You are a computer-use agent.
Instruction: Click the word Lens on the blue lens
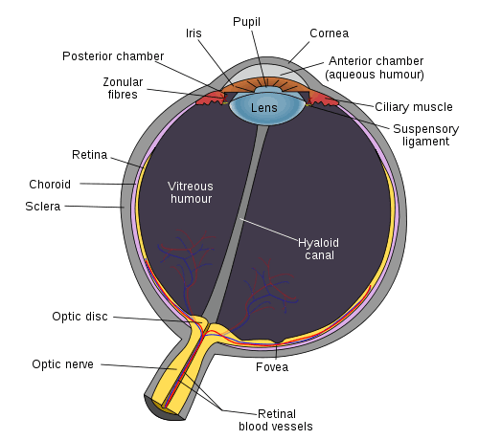pos(263,108)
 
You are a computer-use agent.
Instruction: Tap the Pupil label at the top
pos(246,22)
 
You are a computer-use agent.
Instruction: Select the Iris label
pos(194,33)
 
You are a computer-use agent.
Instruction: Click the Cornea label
pos(329,33)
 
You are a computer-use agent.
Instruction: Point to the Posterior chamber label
pos(113,56)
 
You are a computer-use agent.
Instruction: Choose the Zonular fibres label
pos(123,88)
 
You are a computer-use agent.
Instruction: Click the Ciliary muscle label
pos(414,107)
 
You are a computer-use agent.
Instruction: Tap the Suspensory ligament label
pos(425,135)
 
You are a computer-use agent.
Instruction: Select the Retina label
pos(89,155)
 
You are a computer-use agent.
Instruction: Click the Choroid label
pos(50,185)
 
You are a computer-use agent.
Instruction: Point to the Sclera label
pos(43,207)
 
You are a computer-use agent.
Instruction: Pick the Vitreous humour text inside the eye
pos(191,192)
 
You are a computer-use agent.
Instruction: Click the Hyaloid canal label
pos(318,249)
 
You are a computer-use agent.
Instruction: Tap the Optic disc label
pos(80,317)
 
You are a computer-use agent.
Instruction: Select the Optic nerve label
pos(62,364)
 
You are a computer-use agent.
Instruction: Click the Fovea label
pos(272,367)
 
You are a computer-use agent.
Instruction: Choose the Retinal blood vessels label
pos(276,420)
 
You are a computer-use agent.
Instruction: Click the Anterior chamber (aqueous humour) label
pos(375,68)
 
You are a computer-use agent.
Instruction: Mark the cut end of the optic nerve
pos(163,409)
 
